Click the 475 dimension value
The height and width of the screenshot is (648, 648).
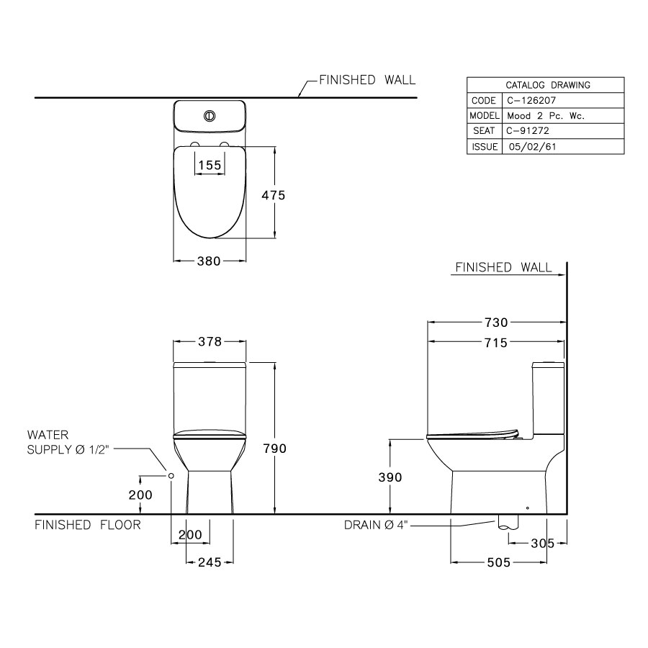[x=274, y=195]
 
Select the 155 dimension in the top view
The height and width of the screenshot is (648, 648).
[x=210, y=166]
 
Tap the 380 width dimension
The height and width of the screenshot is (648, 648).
[x=209, y=261]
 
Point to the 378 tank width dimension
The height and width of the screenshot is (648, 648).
[x=209, y=341]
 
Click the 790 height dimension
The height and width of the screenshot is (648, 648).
[x=275, y=449]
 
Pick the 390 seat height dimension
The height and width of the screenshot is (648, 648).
[x=390, y=477]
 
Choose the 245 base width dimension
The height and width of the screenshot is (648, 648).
[x=209, y=562]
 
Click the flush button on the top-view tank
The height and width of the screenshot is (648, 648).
[x=210, y=114]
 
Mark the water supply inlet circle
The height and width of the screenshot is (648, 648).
[x=171, y=476]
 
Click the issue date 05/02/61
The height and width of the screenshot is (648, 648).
[x=532, y=146]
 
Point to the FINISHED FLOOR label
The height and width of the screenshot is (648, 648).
[x=88, y=525]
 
